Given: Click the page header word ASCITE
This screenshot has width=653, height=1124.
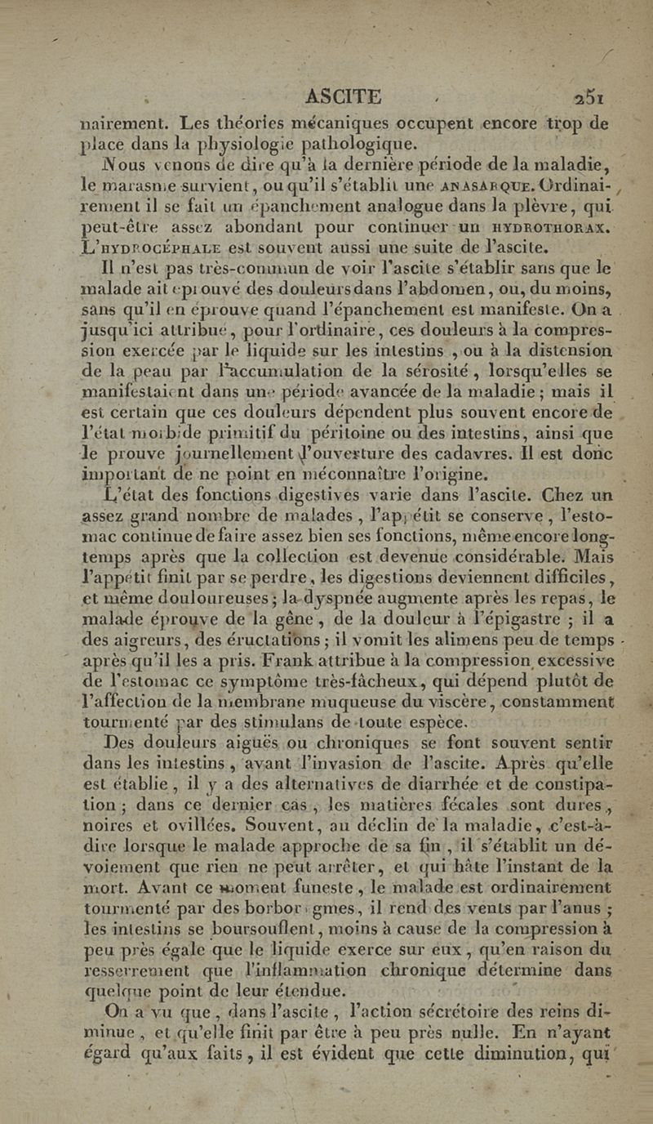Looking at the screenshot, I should pyautogui.click(x=343, y=97).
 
